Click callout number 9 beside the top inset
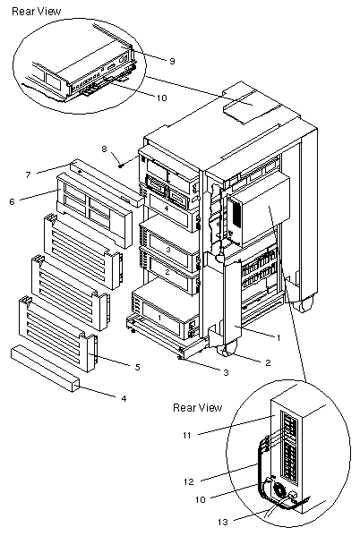point(172,61)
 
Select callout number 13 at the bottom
point(222,522)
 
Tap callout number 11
point(187,435)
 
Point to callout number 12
point(189,481)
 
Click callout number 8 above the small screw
point(105,149)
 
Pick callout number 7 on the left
point(28,175)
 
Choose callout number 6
point(13,201)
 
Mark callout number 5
point(137,367)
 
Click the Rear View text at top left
point(37,12)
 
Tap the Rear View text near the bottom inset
point(197,407)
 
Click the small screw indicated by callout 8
point(121,166)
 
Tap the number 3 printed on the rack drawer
point(168,250)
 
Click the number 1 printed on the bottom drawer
point(159,318)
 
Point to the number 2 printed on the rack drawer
point(167,272)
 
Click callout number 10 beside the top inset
point(161,98)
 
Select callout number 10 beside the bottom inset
point(201,499)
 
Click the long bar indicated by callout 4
point(46,369)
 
